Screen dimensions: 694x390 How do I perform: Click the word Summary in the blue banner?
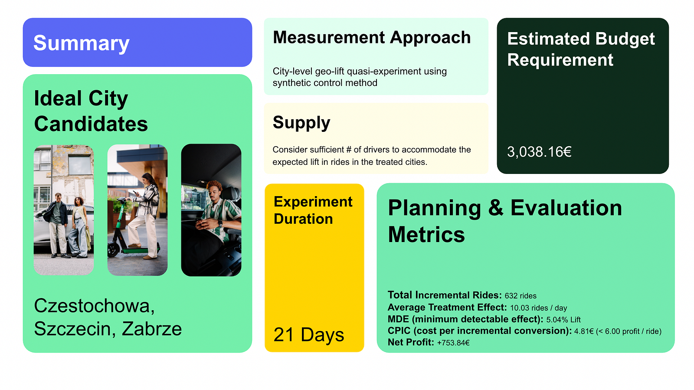pos(81,43)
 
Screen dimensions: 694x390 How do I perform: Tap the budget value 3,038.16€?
pos(539,152)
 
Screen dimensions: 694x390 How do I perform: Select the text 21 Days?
pos(308,334)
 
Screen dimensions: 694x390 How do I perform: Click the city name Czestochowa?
pos(94,306)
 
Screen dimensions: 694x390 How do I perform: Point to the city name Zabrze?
pos(151,329)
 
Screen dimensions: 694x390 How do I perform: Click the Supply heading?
pos(301,123)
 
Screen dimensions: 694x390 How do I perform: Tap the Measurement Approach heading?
pos(372,38)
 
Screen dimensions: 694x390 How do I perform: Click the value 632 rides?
pos(520,296)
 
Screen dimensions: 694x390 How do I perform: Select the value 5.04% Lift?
pos(563,319)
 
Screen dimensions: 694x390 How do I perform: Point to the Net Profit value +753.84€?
pos(453,343)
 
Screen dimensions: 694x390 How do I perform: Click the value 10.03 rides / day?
pos(538,308)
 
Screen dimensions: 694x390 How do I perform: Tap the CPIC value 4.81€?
pos(584,331)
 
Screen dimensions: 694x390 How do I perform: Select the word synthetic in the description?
pos(292,83)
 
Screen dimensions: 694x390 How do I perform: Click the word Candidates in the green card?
pos(91,124)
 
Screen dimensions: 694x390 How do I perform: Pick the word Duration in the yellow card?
pos(303,219)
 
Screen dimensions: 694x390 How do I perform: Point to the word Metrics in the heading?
pos(426,235)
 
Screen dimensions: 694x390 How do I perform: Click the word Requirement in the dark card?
pos(560,59)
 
